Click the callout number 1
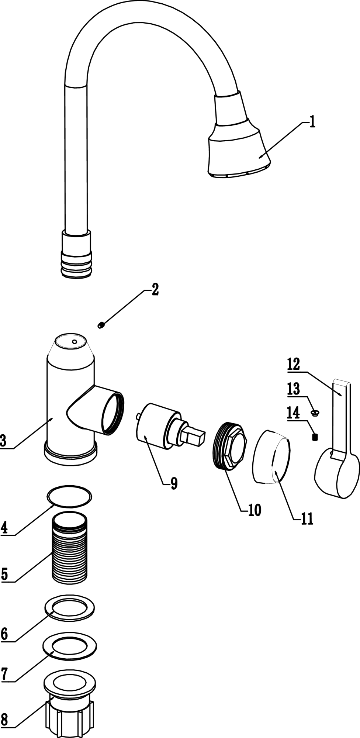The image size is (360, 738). [312, 122]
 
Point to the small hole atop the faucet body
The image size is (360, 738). [75, 342]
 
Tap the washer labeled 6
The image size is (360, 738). [70, 607]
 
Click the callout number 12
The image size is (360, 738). [294, 365]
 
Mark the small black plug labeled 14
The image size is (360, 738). [315, 437]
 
